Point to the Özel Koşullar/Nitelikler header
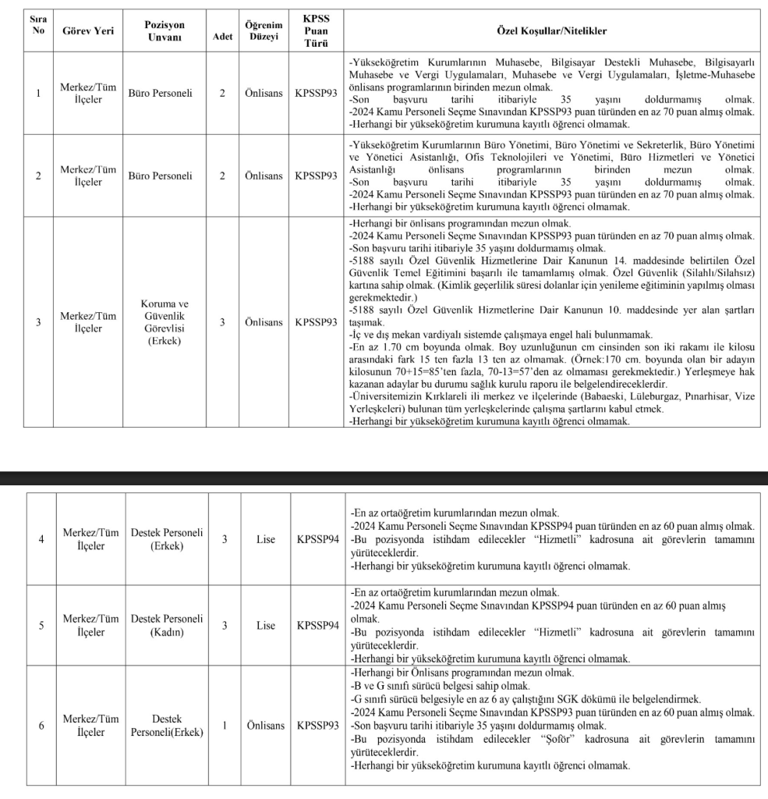click(551, 31)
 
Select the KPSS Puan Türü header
click(317, 31)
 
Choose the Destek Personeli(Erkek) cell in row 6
click(165, 726)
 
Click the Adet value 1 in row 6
click(224, 726)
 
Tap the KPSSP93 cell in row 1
click(317, 94)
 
